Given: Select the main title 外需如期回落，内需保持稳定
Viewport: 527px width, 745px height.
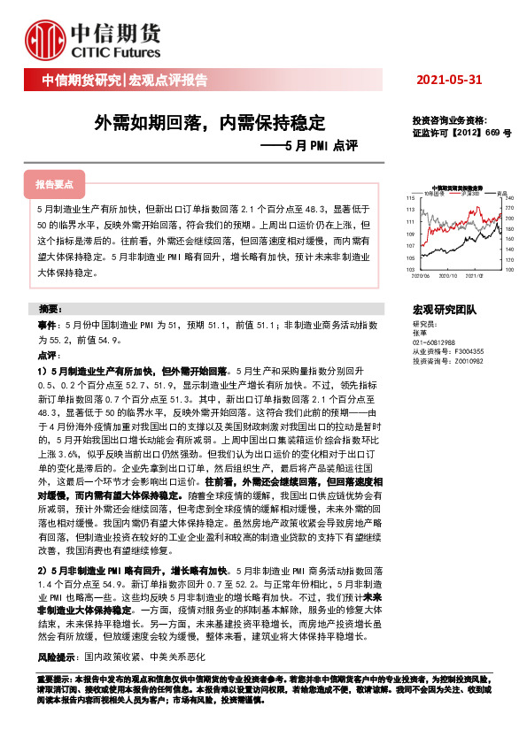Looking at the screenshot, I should [x=210, y=121].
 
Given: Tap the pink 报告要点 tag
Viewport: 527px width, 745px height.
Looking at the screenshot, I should [x=55, y=185].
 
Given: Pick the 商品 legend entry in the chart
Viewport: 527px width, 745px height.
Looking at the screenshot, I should [x=500, y=193].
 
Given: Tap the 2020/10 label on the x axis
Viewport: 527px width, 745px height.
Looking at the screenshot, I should [x=453, y=275].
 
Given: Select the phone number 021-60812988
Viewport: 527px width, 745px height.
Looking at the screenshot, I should [x=435, y=342].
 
